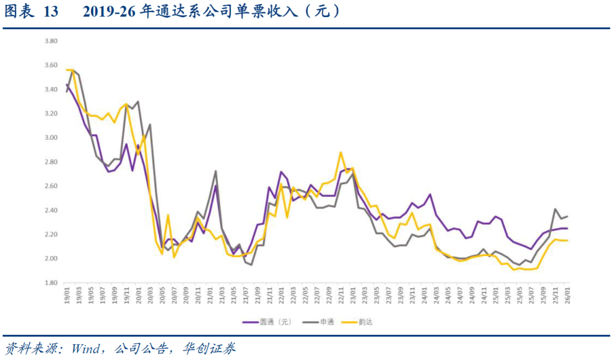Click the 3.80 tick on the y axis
pos(51,42)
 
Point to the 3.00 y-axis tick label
pos(51,138)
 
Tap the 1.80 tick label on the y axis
pos(51,283)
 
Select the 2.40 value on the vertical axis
pos(51,211)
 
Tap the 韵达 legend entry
pos(366,322)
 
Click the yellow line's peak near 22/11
pos(341,152)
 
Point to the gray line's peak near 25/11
pos(555,209)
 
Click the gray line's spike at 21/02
pos(216,171)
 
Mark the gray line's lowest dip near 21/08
pos(251,265)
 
